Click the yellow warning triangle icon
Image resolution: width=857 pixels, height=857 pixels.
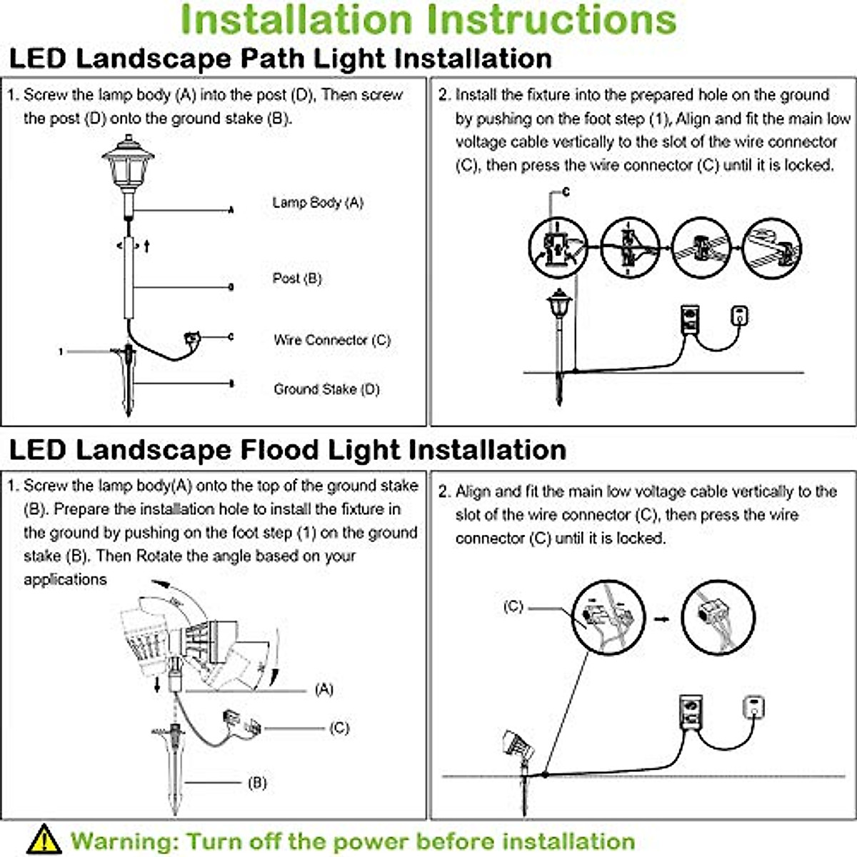44,839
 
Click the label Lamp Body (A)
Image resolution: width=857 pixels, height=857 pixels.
318,203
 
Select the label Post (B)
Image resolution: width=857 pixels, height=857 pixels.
297,279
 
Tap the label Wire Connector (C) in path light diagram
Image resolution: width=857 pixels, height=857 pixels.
332,340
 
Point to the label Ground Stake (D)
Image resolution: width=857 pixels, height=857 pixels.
326,389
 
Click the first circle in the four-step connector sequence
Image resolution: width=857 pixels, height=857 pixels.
558,249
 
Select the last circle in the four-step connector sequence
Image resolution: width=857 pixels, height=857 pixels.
771,249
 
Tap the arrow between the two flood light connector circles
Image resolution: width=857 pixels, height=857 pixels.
662,618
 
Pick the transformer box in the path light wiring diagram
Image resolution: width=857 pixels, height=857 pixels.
690,319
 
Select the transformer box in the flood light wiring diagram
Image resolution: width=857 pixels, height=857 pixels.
690,711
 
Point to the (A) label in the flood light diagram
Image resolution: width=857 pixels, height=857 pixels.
324,689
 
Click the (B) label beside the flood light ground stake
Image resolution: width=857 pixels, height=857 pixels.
257,783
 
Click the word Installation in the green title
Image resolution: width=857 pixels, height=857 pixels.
301,20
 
